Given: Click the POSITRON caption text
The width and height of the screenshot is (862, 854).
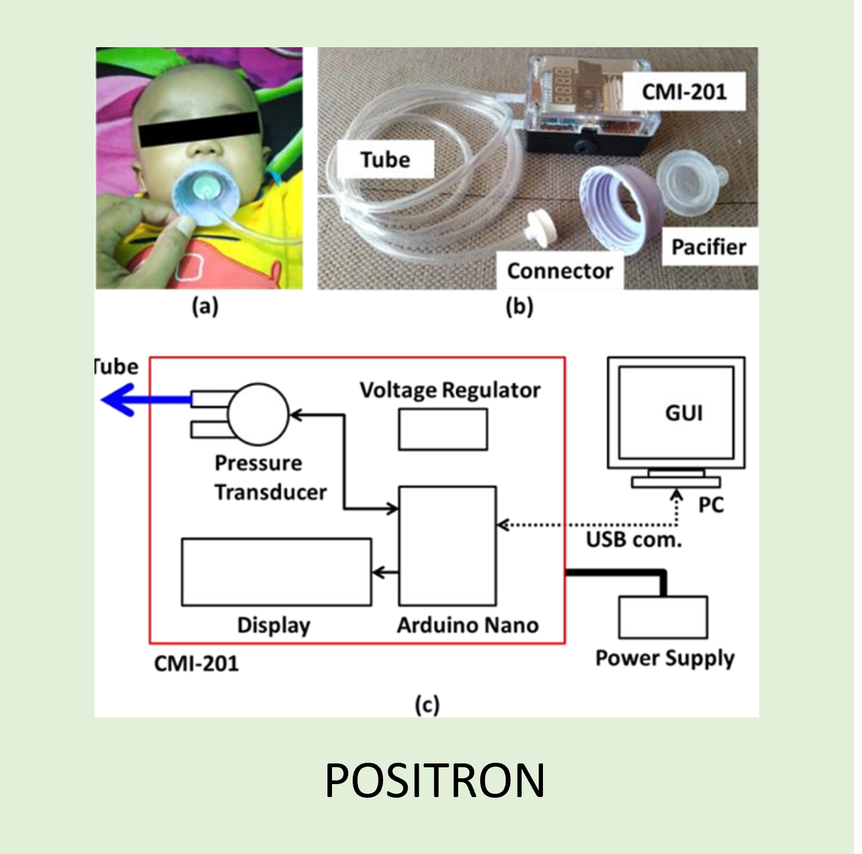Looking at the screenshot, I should (x=434, y=780).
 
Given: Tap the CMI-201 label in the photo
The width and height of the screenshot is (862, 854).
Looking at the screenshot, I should (x=684, y=92).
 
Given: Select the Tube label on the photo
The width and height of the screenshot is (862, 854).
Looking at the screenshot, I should (x=385, y=159).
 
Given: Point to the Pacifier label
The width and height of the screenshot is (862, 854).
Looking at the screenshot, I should (x=709, y=246).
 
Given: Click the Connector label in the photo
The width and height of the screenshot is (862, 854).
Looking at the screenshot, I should (x=560, y=270).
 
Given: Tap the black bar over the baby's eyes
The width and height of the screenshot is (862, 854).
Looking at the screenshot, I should (x=199, y=128).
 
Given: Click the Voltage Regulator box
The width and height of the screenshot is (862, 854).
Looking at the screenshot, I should (x=443, y=430).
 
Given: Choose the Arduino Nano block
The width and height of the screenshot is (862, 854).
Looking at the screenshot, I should (x=448, y=546).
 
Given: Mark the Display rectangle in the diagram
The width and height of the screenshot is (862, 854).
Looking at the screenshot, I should (x=276, y=572).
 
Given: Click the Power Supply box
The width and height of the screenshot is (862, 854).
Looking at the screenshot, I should (x=663, y=617).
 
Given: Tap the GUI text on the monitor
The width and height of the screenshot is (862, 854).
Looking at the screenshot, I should (x=683, y=413).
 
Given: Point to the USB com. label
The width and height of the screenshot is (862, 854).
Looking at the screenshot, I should (x=634, y=540).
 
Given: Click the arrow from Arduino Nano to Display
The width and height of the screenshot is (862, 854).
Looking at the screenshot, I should (x=386, y=572).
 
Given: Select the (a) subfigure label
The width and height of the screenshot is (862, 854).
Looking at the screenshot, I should (x=205, y=306).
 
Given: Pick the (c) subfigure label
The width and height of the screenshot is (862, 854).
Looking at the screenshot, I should (x=427, y=705).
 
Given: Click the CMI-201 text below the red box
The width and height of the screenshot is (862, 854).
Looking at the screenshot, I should (x=196, y=663).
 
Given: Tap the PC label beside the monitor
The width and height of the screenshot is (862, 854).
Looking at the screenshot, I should (x=711, y=505).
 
